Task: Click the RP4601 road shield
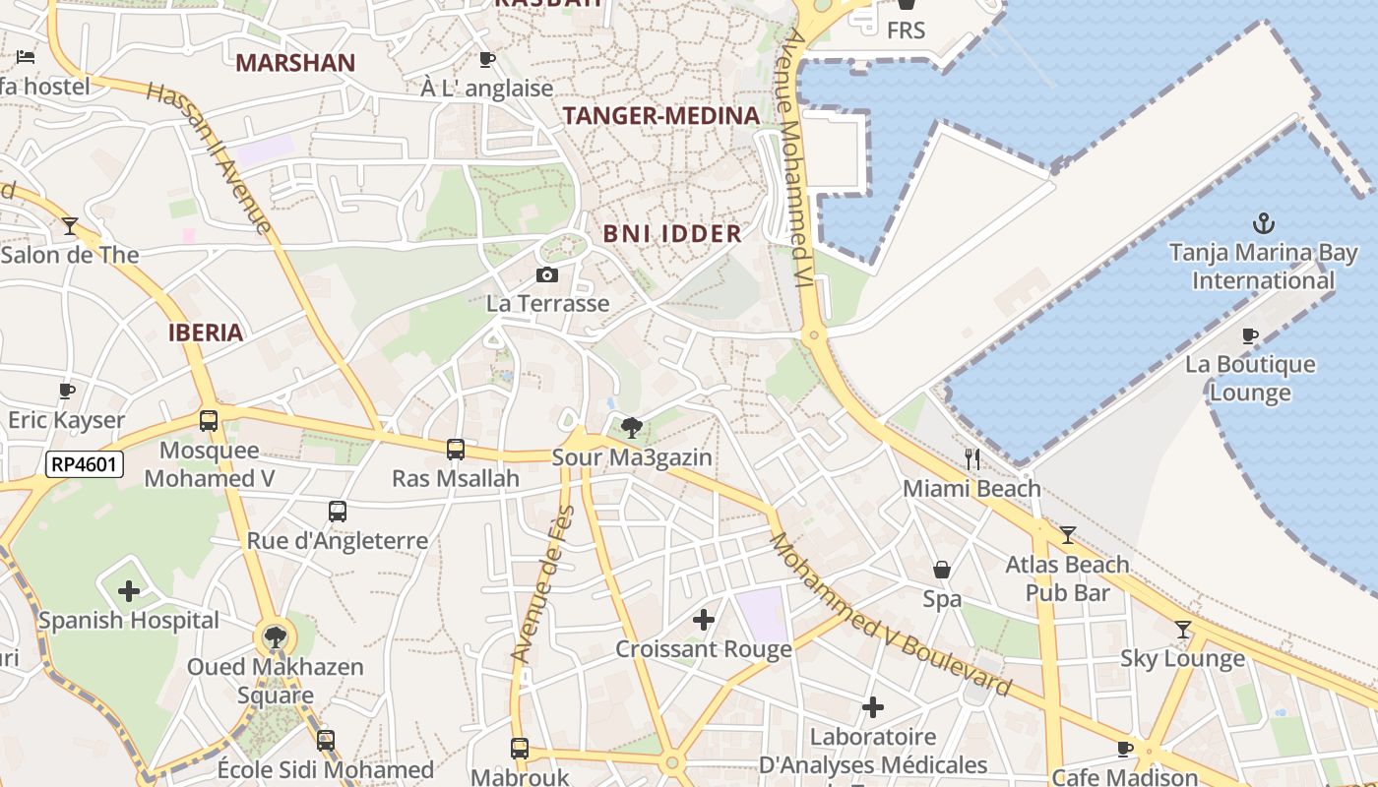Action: pyautogui.click(x=85, y=463)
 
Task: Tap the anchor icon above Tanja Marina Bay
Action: pyautogui.click(x=1263, y=223)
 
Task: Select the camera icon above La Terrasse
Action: pyautogui.click(x=547, y=275)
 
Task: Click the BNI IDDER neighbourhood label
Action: pyautogui.click(x=672, y=234)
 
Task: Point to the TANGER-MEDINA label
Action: pyautogui.click(x=661, y=116)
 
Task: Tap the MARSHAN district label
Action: pyautogui.click(x=295, y=64)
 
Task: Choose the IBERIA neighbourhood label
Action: pyautogui.click(x=206, y=333)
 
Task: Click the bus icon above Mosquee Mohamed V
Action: pyautogui.click(x=209, y=421)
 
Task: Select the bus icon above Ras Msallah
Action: pyautogui.click(x=455, y=450)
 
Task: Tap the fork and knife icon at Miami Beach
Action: pyautogui.click(x=972, y=459)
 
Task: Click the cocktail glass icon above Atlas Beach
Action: pyautogui.click(x=1068, y=535)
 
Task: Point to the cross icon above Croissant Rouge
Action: pyautogui.click(x=704, y=620)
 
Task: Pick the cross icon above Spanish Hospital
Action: pyautogui.click(x=129, y=591)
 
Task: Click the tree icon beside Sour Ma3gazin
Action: pyautogui.click(x=632, y=428)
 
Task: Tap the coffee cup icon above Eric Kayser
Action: pyautogui.click(x=67, y=392)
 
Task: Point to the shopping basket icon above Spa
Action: pyautogui.click(x=942, y=570)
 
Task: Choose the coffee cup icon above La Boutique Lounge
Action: pyautogui.click(x=1250, y=335)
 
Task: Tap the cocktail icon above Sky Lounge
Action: pyautogui.click(x=1183, y=630)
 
